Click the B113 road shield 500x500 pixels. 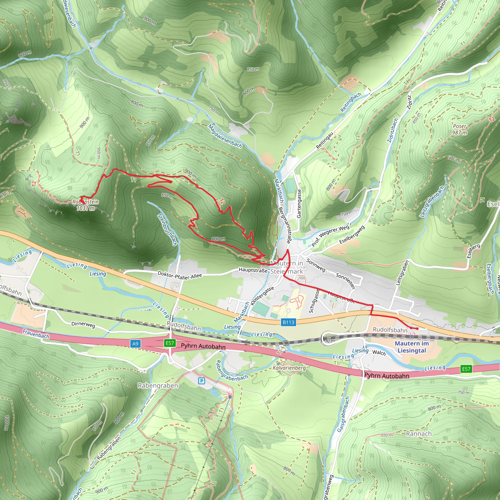point(288,322)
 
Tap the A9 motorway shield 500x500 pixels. point(135,344)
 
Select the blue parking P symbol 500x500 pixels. point(201,381)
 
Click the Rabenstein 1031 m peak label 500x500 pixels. point(86,205)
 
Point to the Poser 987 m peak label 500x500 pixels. point(459,129)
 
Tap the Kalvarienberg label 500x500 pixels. point(289,368)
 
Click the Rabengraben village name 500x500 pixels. point(158,385)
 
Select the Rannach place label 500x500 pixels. point(419,434)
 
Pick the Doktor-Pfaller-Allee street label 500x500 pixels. point(180,276)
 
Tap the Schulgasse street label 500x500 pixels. point(314,301)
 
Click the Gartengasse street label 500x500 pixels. point(299,203)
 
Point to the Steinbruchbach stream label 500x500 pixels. point(167,229)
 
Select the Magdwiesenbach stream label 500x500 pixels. point(225,136)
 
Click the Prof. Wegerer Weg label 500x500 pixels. point(330,236)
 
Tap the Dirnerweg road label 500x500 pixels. point(83,324)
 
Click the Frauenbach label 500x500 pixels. point(36,333)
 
